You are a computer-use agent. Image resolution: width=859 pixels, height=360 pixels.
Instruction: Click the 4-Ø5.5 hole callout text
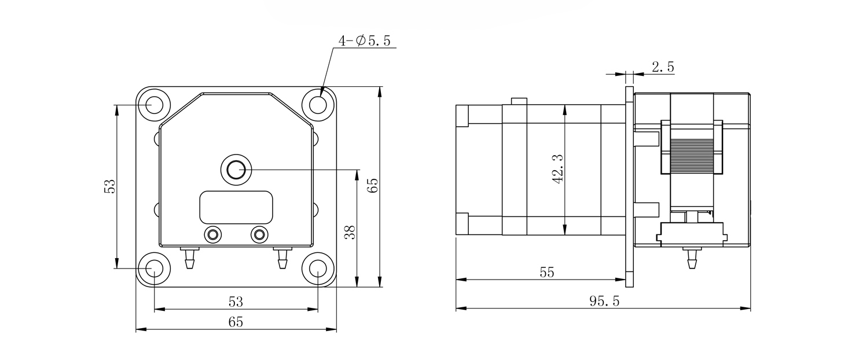[x=365, y=41]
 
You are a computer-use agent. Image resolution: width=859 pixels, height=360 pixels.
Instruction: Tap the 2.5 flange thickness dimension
[x=663, y=67]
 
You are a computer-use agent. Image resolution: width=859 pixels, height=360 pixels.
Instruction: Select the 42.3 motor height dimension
[x=558, y=169]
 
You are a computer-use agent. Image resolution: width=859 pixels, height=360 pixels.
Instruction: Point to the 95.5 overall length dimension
[x=604, y=302]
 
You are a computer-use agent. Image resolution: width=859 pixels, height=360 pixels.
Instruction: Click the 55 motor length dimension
[x=546, y=273]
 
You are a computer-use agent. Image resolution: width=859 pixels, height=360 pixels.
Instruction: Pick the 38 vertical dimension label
[x=349, y=232]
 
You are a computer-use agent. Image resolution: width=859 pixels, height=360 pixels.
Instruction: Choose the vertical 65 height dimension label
[x=373, y=186]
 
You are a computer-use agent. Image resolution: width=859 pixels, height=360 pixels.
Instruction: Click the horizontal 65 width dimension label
[x=236, y=322]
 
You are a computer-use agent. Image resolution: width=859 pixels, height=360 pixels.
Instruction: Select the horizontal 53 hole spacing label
[x=236, y=302]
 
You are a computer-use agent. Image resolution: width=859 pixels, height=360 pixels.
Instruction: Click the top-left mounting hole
[x=155, y=105]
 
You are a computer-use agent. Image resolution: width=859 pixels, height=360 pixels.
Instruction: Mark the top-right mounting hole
[x=318, y=105]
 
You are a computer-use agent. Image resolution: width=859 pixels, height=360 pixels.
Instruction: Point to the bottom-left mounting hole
[x=155, y=269]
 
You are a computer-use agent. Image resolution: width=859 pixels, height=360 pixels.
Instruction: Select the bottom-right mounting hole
[x=318, y=269]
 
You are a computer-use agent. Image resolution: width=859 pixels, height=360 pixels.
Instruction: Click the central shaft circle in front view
[x=236, y=170]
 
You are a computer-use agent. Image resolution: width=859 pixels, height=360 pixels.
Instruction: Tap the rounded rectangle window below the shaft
[x=236, y=207]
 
